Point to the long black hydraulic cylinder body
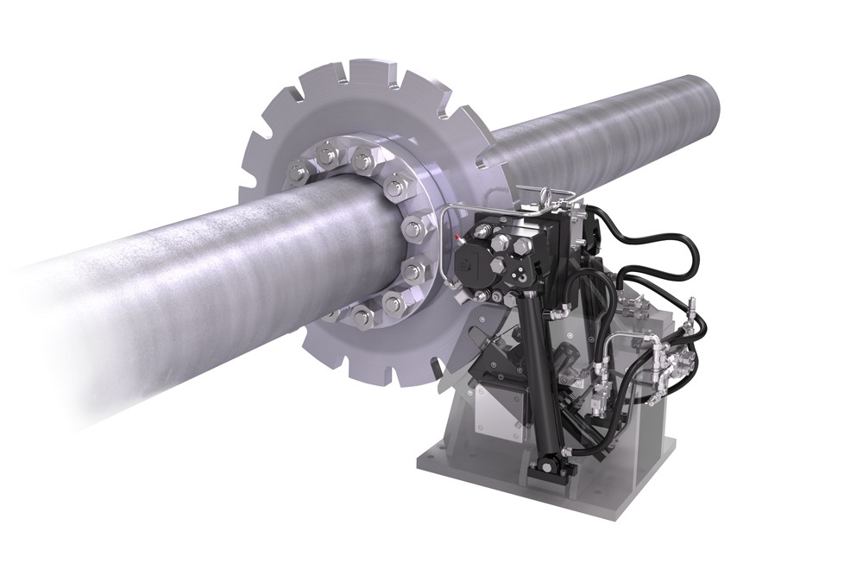(x=534, y=371)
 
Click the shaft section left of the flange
(x=173, y=285)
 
